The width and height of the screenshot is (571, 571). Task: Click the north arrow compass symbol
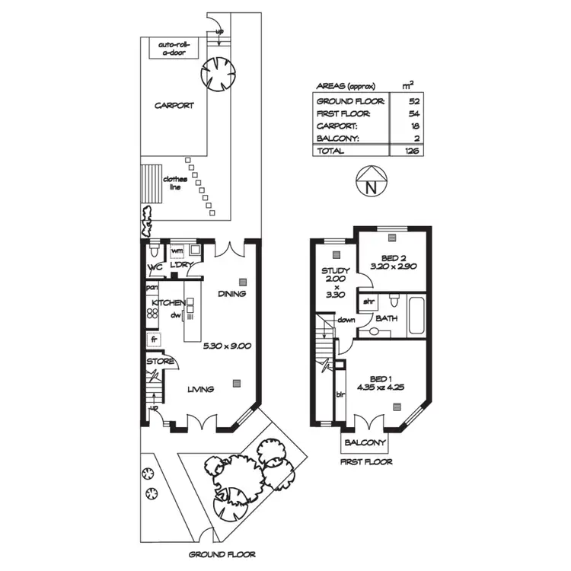click(371, 183)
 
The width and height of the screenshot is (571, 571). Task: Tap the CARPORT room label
click(174, 106)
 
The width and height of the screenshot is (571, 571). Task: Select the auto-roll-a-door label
click(177, 49)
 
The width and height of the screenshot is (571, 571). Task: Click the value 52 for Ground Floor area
click(414, 100)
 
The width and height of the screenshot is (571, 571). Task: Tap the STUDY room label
click(335, 271)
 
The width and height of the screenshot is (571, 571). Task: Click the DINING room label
click(231, 294)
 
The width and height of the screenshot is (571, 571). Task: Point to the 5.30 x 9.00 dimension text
click(227, 346)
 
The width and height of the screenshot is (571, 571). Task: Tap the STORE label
click(161, 362)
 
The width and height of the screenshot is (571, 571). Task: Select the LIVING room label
click(201, 389)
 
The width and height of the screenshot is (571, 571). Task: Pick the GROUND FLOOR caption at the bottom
click(222, 555)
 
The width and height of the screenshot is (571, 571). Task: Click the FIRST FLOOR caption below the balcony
click(367, 462)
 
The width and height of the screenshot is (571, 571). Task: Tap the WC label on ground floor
click(155, 268)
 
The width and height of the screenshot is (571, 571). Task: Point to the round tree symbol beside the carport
click(219, 74)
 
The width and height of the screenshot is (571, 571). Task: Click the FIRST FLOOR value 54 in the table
click(414, 113)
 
